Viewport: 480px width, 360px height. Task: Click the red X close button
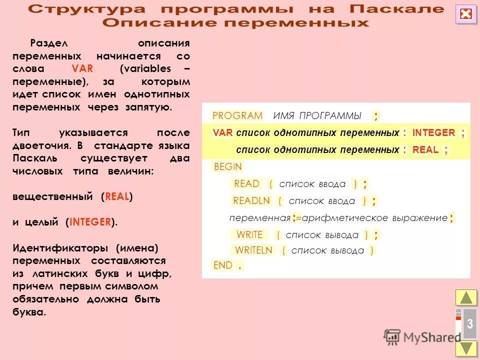[466, 14]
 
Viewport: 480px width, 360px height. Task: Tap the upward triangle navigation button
[466, 297]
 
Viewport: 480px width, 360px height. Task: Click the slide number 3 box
[469, 323]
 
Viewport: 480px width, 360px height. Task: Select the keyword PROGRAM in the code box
[237, 116]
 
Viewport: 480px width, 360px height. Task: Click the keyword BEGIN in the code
[227, 167]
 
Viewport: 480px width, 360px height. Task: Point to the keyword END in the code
[223, 265]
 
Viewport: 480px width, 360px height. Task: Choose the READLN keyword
[251, 201]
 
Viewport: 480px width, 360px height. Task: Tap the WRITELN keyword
[254, 250]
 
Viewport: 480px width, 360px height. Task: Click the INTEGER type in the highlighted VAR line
[433, 133]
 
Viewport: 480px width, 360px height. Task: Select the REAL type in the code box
[425, 149]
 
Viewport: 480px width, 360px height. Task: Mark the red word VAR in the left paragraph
[82, 69]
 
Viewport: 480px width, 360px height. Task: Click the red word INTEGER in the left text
[90, 222]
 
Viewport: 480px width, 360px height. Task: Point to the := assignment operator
[297, 218]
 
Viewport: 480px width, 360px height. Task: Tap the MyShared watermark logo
[422, 336]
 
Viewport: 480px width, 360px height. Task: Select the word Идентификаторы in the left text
[59, 248]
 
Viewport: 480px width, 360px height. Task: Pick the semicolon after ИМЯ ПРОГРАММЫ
[376, 116]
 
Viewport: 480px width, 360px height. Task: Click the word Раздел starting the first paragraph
[47, 43]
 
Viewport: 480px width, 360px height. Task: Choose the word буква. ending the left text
[29, 312]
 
